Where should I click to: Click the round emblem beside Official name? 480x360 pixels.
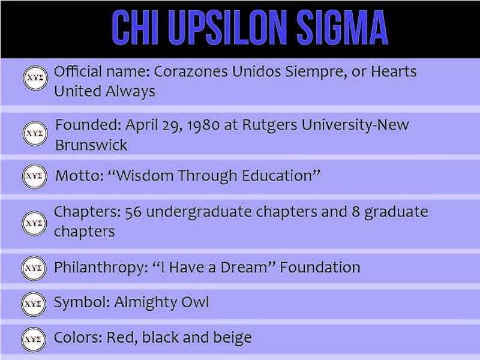pyautogui.click(x=35, y=79)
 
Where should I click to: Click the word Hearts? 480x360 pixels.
pyautogui.click(x=392, y=72)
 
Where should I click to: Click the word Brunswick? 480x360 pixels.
pyautogui.click(x=91, y=145)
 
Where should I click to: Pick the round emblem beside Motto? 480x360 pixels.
pyautogui.click(x=35, y=176)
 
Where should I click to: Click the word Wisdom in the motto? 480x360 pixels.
pyautogui.click(x=147, y=176)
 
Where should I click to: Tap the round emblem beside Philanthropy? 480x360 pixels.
pyautogui.click(x=35, y=268)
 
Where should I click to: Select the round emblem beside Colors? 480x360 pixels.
pyautogui.click(x=35, y=338)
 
